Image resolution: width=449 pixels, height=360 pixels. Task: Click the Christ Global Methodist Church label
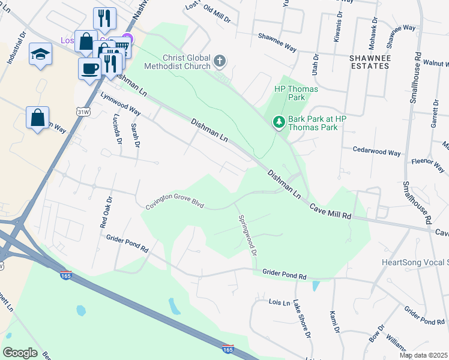177,61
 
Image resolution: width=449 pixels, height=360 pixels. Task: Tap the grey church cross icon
220,61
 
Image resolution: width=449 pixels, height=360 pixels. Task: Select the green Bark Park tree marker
279,122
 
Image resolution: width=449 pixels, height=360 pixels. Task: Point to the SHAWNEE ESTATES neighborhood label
376,61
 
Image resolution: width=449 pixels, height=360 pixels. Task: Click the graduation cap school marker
41,54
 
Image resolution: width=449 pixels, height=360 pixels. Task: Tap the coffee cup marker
89,68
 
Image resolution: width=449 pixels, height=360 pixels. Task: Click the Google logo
20,353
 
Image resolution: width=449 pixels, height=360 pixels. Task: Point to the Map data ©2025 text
423,355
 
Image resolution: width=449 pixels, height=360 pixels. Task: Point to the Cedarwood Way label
376,152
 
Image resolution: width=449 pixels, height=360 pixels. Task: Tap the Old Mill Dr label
217,15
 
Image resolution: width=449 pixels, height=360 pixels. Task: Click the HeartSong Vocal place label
415,262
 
